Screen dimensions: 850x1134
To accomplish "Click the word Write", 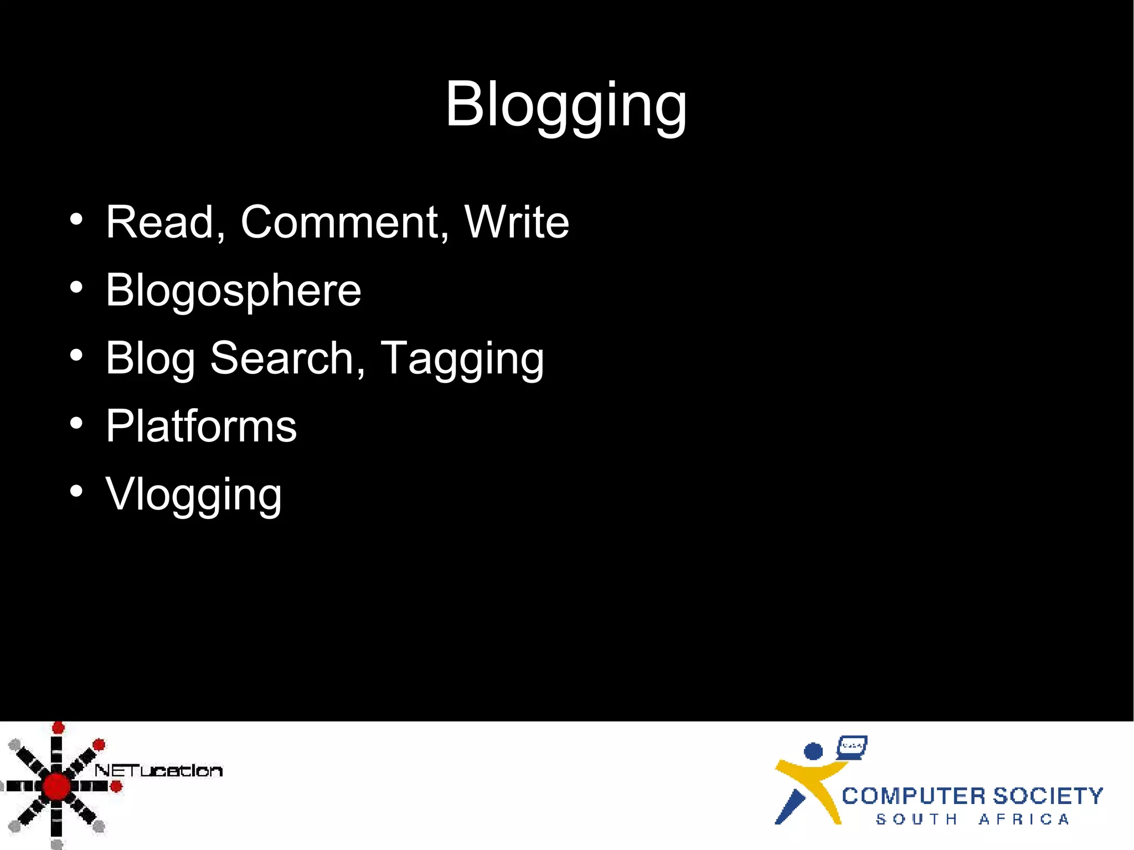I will (517, 222).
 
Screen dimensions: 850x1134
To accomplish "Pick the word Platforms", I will (202, 426).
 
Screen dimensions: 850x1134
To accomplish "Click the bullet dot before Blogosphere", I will (76, 287).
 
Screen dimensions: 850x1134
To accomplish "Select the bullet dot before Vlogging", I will (76, 491).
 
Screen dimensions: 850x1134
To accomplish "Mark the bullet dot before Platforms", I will (76, 423).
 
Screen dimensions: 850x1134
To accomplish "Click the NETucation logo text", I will (158, 770).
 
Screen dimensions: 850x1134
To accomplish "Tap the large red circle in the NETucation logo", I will (56, 786).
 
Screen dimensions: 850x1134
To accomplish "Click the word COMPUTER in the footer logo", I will (914, 796).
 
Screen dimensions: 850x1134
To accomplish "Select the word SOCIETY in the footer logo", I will (1048, 796).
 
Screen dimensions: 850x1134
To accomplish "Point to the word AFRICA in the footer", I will (1024, 820).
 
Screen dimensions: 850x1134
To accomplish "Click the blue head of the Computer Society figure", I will (813, 751).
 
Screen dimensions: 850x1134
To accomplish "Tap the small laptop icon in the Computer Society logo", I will (852, 747).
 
